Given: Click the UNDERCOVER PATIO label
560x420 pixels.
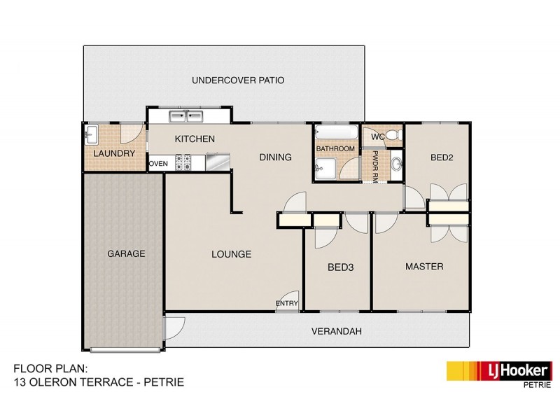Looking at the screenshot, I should click(x=238, y=80).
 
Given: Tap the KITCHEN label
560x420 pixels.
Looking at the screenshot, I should click(x=195, y=139).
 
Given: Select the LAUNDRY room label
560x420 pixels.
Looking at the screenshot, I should click(x=113, y=153).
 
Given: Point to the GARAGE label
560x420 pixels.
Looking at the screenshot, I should click(x=126, y=253).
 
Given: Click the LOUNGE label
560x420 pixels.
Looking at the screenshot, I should click(x=231, y=254).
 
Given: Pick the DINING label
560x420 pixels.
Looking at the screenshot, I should click(x=275, y=157).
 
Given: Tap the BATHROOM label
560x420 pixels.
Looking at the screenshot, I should click(x=336, y=149).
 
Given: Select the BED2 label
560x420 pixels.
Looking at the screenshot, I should click(x=442, y=158).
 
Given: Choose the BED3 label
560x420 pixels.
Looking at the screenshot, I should click(x=339, y=267).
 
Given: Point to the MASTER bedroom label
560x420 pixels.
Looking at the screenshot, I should click(x=424, y=267).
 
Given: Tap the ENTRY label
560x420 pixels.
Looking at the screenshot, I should click(x=287, y=303).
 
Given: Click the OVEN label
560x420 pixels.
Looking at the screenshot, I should click(x=158, y=164).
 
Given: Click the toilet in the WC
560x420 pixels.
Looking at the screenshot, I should click(x=393, y=134).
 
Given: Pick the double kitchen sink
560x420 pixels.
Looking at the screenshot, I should click(x=185, y=116).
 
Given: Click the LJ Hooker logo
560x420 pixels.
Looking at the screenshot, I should click(x=499, y=370).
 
